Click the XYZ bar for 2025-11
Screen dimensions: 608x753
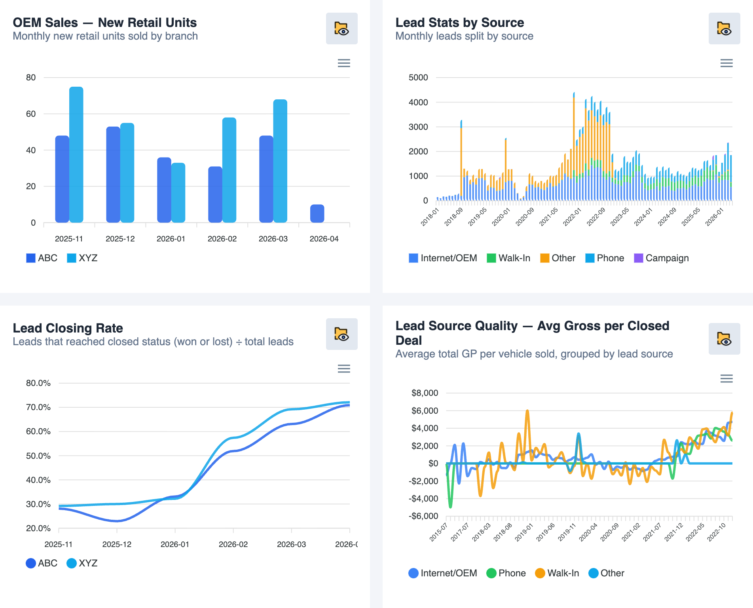(x=76, y=154)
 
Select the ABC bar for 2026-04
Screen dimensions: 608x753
(x=317, y=213)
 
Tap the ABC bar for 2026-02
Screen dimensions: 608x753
(x=215, y=194)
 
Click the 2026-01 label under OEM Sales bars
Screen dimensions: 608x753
(x=171, y=239)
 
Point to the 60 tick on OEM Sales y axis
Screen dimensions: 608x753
(x=31, y=114)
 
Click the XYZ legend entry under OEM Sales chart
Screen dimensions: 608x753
(x=82, y=258)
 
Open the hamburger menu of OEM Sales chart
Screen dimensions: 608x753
(x=343, y=63)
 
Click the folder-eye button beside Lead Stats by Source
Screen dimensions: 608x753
(x=724, y=28)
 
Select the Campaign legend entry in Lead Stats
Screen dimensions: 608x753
(x=661, y=258)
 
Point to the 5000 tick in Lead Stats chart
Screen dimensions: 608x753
(x=418, y=78)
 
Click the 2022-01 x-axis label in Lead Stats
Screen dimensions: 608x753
(x=572, y=217)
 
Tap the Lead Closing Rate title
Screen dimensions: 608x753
(x=68, y=328)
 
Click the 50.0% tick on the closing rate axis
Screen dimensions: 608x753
(x=38, y=456)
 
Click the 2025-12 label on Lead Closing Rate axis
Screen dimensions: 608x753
(x=117, y=544)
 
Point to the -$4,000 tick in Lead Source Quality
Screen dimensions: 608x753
(x=423, y=498)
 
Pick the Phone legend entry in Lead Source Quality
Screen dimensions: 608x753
(x=506, y=573)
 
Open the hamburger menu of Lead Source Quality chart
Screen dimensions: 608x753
(x=726, y=378)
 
